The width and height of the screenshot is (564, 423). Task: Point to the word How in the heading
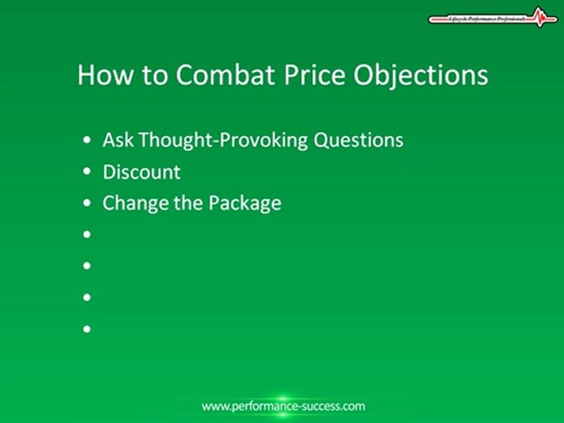[x=99, y=76]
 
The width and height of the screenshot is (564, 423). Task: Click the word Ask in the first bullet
[x=117, y=140]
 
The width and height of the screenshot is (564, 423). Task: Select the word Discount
[x=142, y=172]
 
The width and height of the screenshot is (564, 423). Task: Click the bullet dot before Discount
[x=88, y=172]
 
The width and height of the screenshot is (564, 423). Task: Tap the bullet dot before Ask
[x=88, y=140]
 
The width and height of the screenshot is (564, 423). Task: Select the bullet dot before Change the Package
[x=88, y=203]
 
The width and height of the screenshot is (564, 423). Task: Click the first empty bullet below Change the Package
[x=88, y=234]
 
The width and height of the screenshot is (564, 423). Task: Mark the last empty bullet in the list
[x=88, y=329]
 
